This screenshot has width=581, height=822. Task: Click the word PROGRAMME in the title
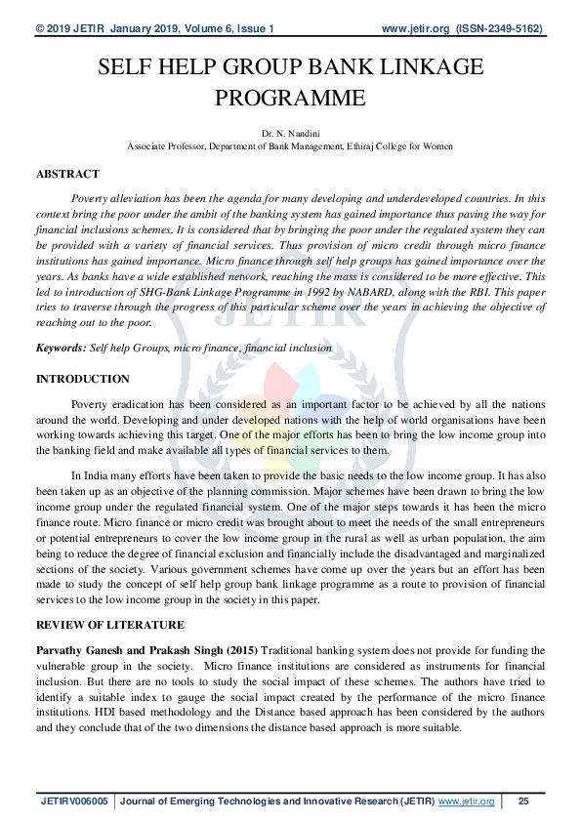(x=290, y=99)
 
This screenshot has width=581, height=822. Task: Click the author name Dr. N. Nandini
(x=290, y=131)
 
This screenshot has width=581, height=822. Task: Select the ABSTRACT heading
(x=67, y=174)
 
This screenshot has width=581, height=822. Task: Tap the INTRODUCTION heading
(x=82, y=378)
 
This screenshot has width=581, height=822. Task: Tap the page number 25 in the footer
(x=523, y=801)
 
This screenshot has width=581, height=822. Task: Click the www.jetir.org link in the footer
(x=466, y=801)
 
